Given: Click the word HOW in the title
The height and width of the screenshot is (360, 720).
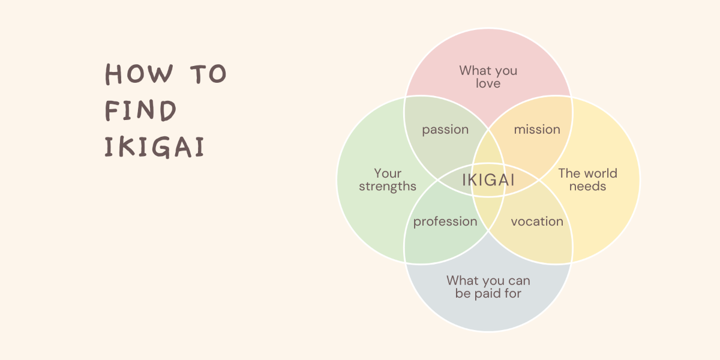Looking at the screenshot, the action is pyautogui.click(x=139, y=74).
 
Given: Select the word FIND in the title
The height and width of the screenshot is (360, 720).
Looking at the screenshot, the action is pyautogui.click(x=140, y=110).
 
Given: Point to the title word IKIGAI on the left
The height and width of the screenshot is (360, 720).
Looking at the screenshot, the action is pyautogui.click(x=154, y=147).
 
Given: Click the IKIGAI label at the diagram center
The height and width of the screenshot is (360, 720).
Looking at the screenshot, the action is pyautogui.click(x=488, y=180).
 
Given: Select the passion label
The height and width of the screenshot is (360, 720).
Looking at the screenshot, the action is pyautogui.click(x=445, y=130).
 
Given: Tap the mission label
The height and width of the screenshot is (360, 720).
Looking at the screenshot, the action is pyautogui.click(x=537, y=130).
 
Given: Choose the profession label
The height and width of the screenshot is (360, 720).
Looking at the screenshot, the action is pyautogui.click(x=445, y=221).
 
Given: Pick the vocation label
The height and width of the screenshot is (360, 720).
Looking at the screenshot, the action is pyautogui.click(x=537, y=221).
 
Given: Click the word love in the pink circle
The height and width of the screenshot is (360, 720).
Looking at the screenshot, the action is pyautogui.click(x=488, y=83).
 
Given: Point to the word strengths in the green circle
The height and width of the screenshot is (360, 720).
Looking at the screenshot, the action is pyautogui.click(x=388, y=187).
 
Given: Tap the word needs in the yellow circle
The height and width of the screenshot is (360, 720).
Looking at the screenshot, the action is pyautogui.click(x=587, y=187).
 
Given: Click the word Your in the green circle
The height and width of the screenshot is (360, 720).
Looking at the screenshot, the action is pyautogui.click(x=388, y=173).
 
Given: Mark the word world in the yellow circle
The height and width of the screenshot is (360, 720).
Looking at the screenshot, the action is pyautogui.click(x=599, y=173).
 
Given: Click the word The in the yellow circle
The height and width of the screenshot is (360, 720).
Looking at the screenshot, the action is pyautogui.click(x=568, y=173).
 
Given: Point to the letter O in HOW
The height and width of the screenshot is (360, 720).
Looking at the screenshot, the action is pyautogui.click(x=136, y=74).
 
